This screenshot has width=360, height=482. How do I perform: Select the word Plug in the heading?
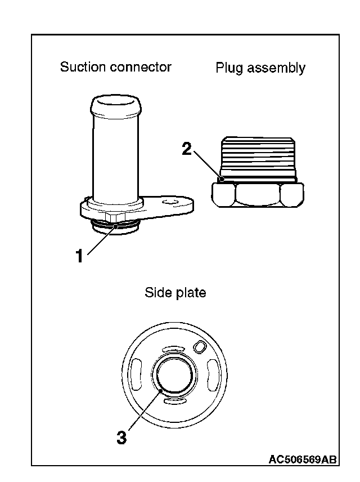[228, 69]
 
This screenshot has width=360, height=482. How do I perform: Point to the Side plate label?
[175, 293]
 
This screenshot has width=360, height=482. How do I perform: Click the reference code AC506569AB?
[302, 460]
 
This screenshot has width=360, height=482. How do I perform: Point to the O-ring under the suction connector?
[115, 227]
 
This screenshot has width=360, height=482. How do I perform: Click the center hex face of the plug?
[258, 195]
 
